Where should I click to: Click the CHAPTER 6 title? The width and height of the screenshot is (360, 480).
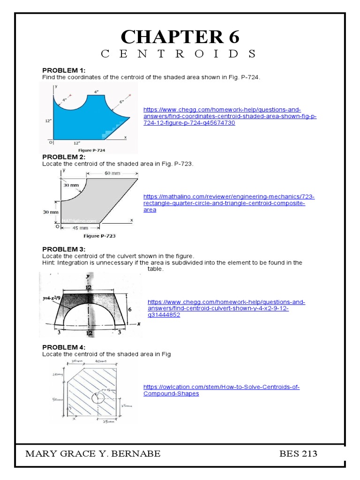point(180,36)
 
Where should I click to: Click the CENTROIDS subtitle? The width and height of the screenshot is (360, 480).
point(180,54)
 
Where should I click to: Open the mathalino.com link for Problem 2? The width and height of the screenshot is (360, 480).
point(229,203)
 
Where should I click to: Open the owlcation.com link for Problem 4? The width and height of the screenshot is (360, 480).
point(221,390)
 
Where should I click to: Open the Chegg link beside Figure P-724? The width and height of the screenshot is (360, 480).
point(230,116)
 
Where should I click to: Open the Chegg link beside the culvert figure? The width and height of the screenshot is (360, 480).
point(226,308)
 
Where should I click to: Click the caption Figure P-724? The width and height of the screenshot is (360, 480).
point(91,150)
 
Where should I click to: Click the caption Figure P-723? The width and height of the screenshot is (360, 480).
point(99,236)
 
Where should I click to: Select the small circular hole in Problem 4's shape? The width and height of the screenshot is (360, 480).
point(99,399)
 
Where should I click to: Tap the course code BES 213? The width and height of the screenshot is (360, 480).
point(298,454)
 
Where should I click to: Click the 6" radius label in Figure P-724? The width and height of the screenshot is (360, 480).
point(121,102)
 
